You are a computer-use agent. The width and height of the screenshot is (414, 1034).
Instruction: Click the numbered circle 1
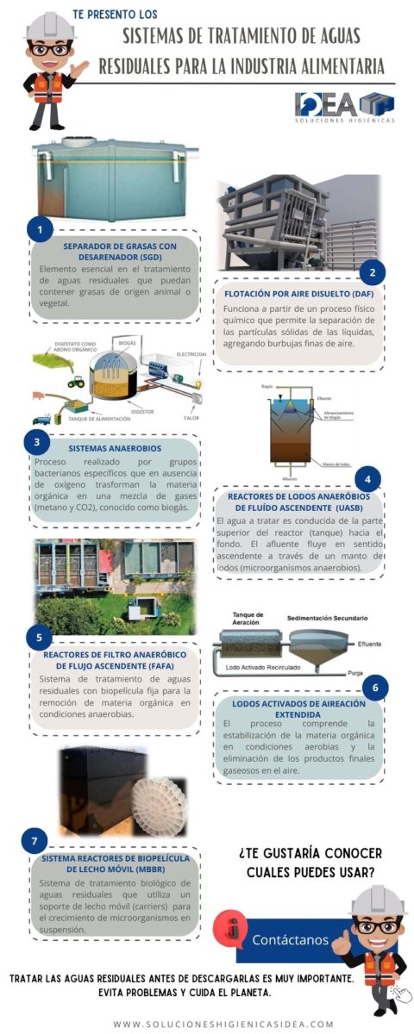[x=40, y=229]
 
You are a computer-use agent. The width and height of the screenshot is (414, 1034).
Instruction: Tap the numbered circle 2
[x=372, y=272]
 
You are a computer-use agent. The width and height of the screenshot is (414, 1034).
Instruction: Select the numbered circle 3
[x=37, y=443]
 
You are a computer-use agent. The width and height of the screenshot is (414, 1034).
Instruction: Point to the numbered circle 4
[x=368, y=479]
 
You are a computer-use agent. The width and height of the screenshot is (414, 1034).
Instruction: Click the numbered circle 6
[x=374, y=688]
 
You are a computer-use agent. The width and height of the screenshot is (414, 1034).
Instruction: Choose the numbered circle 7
[x=34, y=840]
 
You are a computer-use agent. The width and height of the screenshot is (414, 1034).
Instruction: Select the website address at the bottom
[x=223, y=1024]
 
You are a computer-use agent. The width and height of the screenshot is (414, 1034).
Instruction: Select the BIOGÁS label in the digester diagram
[x=126, y=342]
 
